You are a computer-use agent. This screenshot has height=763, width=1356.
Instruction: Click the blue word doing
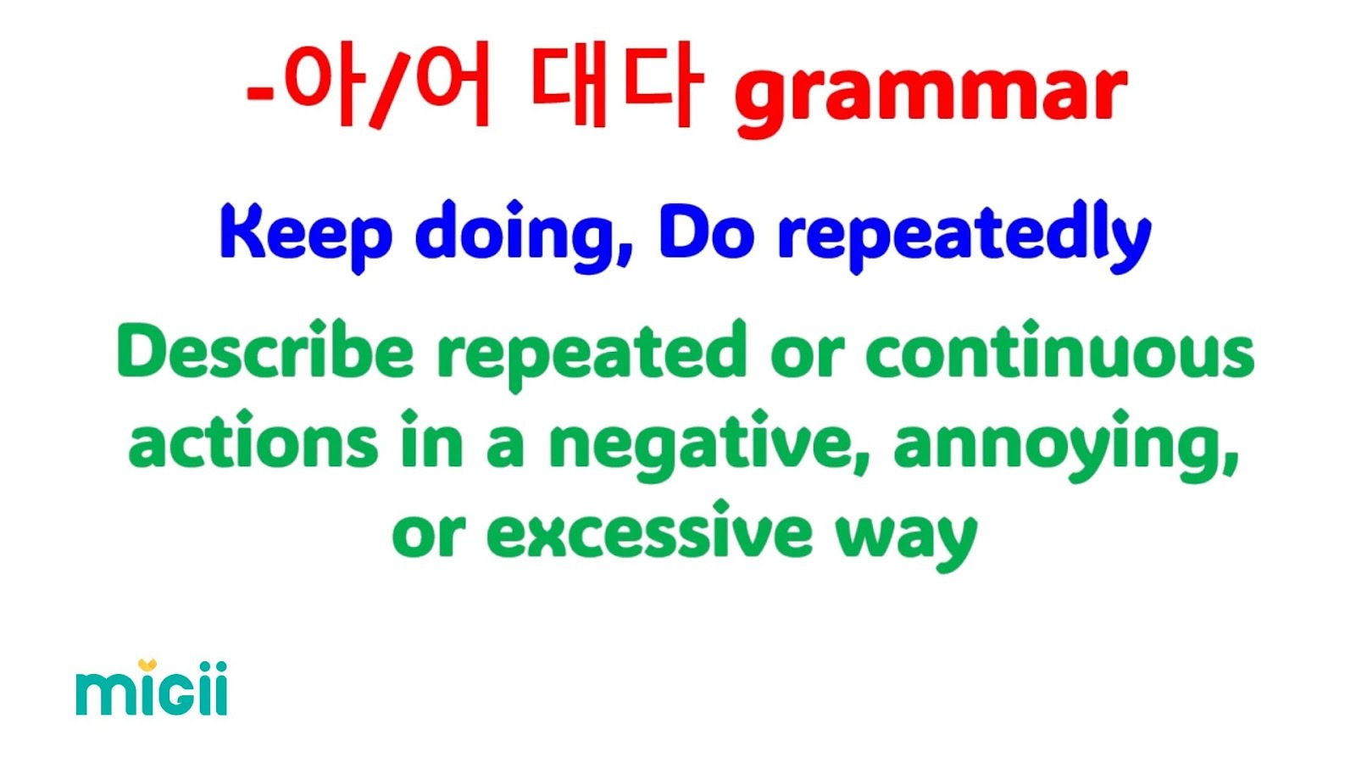(523, 237)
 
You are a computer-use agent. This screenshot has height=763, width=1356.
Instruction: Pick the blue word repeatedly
(964, 237)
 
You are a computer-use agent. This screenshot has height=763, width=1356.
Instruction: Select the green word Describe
(265, 350)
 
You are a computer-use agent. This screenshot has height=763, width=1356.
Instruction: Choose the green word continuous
(1060, 350)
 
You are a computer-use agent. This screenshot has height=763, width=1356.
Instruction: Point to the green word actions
(253, 441)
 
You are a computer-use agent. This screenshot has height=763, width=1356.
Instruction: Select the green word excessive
(649, 531)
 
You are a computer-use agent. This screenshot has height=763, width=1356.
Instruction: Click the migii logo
(152, 688)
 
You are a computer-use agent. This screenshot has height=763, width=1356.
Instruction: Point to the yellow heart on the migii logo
(147, 665)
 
